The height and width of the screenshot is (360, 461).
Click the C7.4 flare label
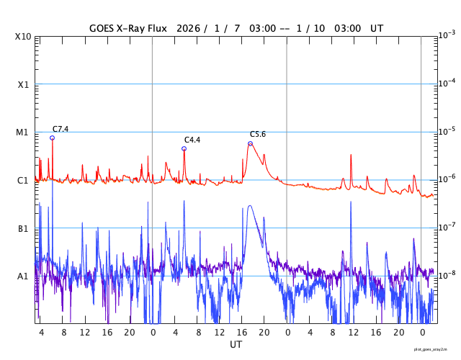[61, 129]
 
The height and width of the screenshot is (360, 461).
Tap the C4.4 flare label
[192, 140]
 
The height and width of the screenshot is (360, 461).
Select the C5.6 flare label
[258, 134]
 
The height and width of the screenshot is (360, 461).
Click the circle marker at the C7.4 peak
[52, 138]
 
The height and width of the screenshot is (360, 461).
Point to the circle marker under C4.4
[184, 149]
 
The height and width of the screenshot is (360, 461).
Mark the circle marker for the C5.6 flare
[250, 143]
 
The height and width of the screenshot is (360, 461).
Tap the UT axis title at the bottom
[236, 345]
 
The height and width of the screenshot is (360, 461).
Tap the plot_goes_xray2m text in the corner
[435, 349]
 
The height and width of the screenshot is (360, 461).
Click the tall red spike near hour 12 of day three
[351, 155]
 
